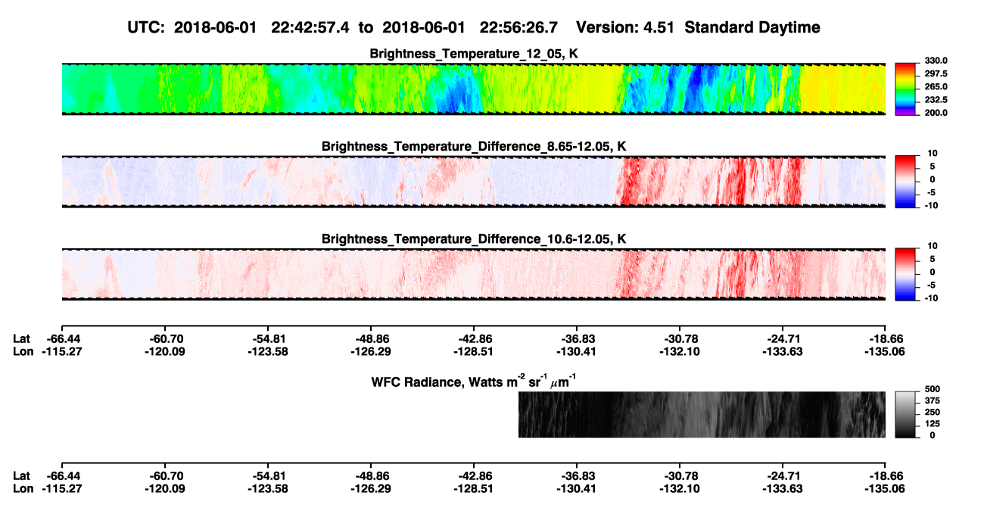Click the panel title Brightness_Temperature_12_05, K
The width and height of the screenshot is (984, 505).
coord(474,54)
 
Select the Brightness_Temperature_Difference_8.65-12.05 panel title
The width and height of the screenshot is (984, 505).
coord(474,146)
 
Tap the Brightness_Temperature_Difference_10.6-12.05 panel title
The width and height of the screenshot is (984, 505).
coord(474,239)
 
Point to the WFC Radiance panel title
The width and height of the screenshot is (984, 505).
coord(474,382)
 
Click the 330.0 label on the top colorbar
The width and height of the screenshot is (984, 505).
coord(936,61)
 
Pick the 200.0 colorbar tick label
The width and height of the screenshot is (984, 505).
coord(936,113)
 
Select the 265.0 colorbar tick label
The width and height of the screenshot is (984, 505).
coord(936,86)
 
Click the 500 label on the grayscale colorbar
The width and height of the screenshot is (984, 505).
coord(933,389)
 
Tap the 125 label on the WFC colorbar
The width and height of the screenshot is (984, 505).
coord(933,424)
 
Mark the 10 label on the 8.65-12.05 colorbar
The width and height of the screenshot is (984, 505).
coord(933,154)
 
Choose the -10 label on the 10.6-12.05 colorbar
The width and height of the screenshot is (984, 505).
coord(931,298)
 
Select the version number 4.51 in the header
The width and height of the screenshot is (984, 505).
coord(659,27)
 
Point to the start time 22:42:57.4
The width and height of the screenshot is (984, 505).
coord(310,27)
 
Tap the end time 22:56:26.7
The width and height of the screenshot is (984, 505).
coord(518,27)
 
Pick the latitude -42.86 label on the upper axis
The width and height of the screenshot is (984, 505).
coord(474,339)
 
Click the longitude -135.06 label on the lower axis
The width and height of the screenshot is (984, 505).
coord(885,489)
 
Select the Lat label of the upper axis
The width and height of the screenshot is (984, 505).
coord(21,339)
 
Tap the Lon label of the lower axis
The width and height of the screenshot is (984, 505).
coord(23,489)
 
